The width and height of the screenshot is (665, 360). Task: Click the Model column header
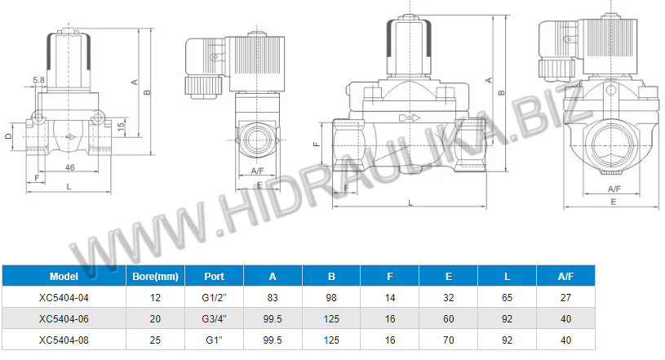point(64,277)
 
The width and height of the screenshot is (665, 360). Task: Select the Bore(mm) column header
point(155,277)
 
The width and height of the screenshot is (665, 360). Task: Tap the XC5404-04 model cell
point(64,298)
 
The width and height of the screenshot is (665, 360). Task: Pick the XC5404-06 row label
point(64,319)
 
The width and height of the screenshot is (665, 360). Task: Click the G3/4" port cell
point(214,319)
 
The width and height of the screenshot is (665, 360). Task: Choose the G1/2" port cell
point(214,298)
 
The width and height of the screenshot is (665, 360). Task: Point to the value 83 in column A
point(273,298)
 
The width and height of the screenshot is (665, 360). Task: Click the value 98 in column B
point(331,298)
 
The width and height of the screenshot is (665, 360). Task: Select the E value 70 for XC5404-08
point(448,340)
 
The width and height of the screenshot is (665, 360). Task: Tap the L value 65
point(507,298)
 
